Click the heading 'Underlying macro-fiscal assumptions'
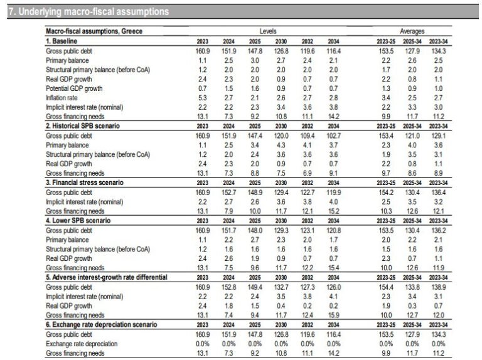[94, 12]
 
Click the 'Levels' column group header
[268, 31]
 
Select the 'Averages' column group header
[412, 31]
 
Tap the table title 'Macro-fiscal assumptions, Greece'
[94, 31]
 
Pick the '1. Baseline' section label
[62, 41]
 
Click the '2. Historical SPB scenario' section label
[83, 126]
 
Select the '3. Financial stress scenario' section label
[85, 183]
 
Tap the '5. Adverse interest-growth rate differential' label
[106, 277]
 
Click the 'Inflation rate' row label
[62, 98]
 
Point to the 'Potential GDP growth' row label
[74, 88]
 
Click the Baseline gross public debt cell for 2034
[333, 51]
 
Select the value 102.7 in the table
[333, 135]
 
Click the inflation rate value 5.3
[202, 98]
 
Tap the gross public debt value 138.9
[438, 287]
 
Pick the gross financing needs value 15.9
[333, 315]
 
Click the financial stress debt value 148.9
[255, 193]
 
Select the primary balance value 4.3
[281, 145]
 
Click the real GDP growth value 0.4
[281, 306]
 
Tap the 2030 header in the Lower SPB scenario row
[281, 221]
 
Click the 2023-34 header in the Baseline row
[438, 41]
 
